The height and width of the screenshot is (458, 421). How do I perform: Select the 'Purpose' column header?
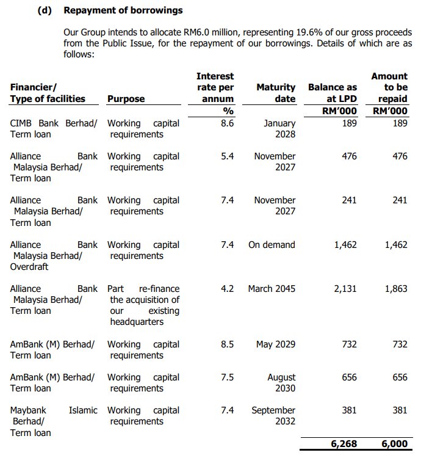point(126,99)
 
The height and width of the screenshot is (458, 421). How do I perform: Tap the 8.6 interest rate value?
point(227,123)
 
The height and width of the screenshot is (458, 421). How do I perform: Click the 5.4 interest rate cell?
point(227,156)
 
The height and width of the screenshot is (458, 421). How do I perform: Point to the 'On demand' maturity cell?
point(272,245)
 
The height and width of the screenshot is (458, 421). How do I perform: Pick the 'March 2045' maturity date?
point(272,289)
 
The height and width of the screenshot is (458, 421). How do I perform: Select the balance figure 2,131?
point(345,289)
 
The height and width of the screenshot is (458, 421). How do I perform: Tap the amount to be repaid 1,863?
point(396,289)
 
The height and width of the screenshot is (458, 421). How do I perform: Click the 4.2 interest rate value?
point(227,289)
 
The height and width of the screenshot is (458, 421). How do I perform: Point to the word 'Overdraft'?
point(29,267)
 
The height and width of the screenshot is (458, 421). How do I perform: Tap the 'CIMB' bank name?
point(23,123)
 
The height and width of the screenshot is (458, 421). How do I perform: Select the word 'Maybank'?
point(28,410)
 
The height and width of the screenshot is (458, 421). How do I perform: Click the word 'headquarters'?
point(137,322)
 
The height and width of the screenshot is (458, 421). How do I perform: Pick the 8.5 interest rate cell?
point(227,344)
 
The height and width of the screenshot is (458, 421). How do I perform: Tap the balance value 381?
point(349,410)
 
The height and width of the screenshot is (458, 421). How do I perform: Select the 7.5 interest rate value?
point(227,377)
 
